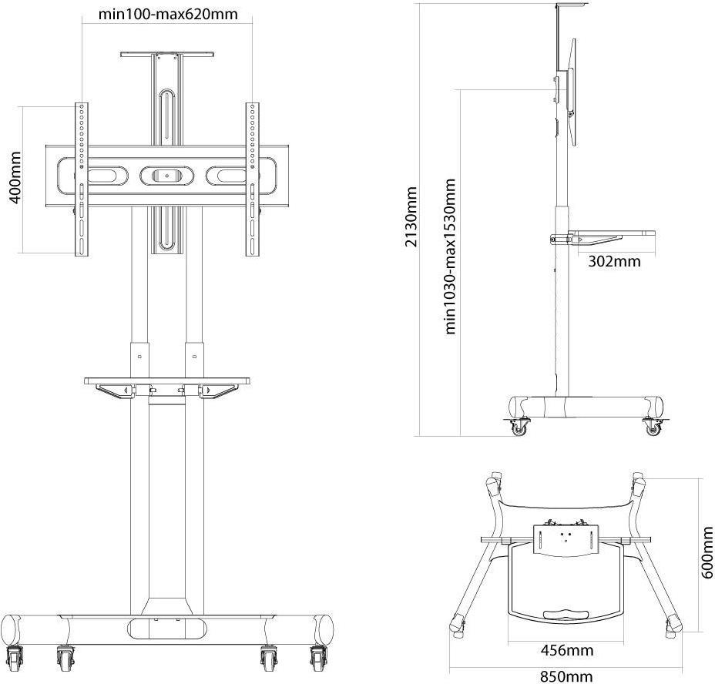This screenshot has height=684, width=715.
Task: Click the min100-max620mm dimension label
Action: coord(168,14)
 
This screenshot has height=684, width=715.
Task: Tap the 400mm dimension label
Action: coord(15,178)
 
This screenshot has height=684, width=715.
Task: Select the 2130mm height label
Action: coord(411,216)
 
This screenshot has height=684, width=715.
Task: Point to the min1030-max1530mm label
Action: coord(450,256)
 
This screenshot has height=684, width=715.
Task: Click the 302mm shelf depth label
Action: coord(614,261)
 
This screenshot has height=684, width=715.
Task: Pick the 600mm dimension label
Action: coord(707,552)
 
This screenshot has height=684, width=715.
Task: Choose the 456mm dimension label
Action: coord(567,650)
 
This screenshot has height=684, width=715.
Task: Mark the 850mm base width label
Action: coord(566,676)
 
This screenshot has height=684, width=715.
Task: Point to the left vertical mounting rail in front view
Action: coord(82,179)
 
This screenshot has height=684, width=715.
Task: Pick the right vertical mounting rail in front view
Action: coord(252,179)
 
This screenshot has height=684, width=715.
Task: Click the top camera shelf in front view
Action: coord(167,54)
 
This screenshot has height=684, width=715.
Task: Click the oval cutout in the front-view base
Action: coord(167,629)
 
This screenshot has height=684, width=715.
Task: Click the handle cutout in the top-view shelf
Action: coord(567,614)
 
